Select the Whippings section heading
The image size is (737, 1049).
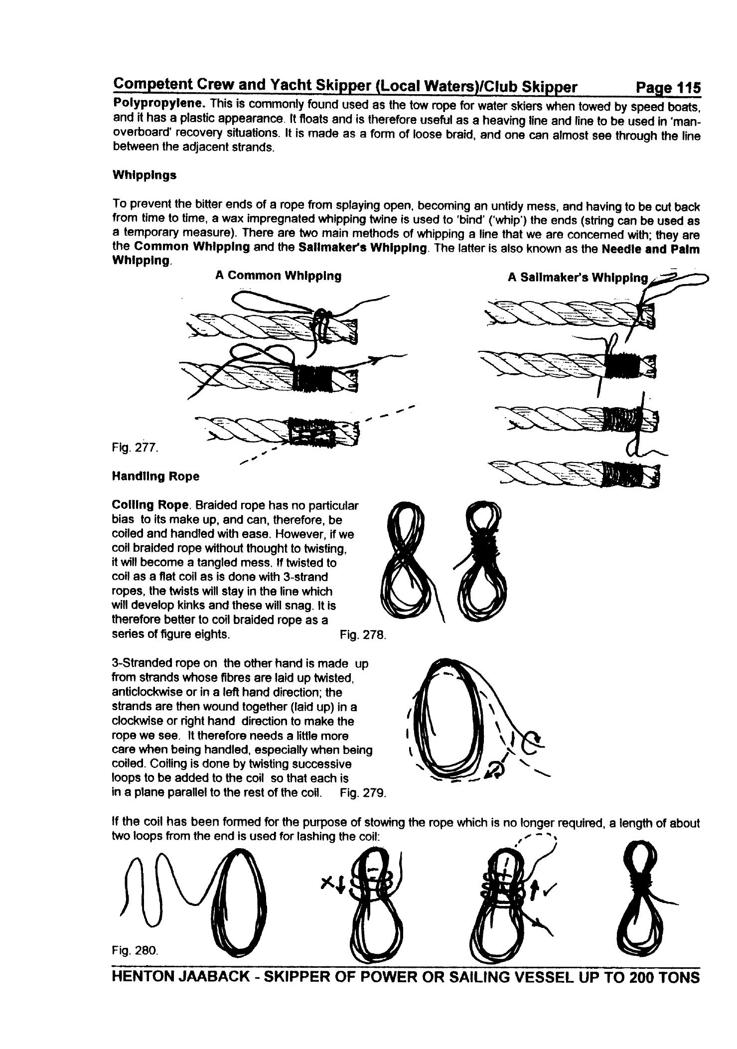(x=144, y=175)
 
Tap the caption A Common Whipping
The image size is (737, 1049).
(x=278, y=276)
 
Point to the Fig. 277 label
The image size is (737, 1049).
(x=135, y=448)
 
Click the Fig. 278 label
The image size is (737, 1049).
(x=363, y=634)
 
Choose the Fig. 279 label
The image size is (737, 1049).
(x=363, y=792)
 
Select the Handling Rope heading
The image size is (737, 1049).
(x=155, y=476)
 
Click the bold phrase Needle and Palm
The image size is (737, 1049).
(x=650, y=249)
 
